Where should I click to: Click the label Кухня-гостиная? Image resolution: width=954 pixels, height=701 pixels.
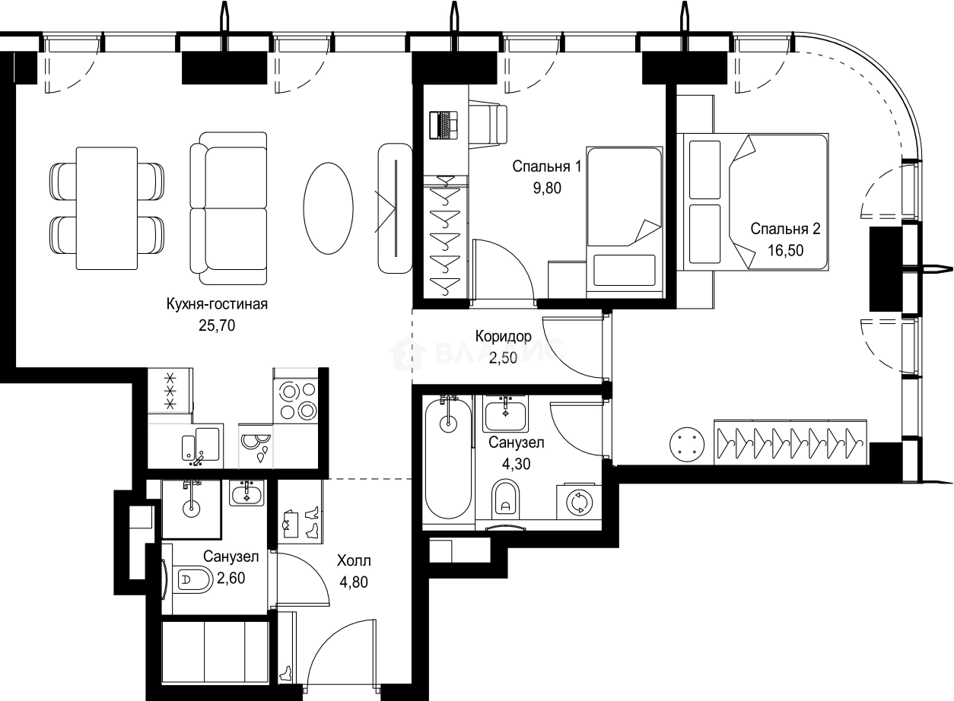217,304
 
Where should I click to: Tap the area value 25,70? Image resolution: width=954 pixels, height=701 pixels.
217,325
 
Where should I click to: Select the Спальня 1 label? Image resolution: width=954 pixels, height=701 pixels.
546,167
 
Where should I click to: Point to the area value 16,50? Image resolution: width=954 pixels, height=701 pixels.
785,250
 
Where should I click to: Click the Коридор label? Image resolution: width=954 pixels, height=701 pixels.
503,337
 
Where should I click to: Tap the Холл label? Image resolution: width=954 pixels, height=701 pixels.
354,560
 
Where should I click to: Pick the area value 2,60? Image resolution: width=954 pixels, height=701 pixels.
231,578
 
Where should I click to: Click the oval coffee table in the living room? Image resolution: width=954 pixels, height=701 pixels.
329,208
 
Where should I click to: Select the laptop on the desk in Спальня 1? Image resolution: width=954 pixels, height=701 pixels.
444,125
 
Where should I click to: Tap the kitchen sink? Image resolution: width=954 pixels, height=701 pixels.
201,446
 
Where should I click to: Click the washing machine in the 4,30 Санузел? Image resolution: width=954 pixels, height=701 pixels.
579,503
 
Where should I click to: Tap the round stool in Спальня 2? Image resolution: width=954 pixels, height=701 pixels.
687,445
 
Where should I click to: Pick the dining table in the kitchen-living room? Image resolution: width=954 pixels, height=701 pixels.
107,208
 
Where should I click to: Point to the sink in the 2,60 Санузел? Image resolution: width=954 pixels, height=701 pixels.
247,493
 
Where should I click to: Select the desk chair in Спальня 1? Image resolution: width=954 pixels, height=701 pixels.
488,124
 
